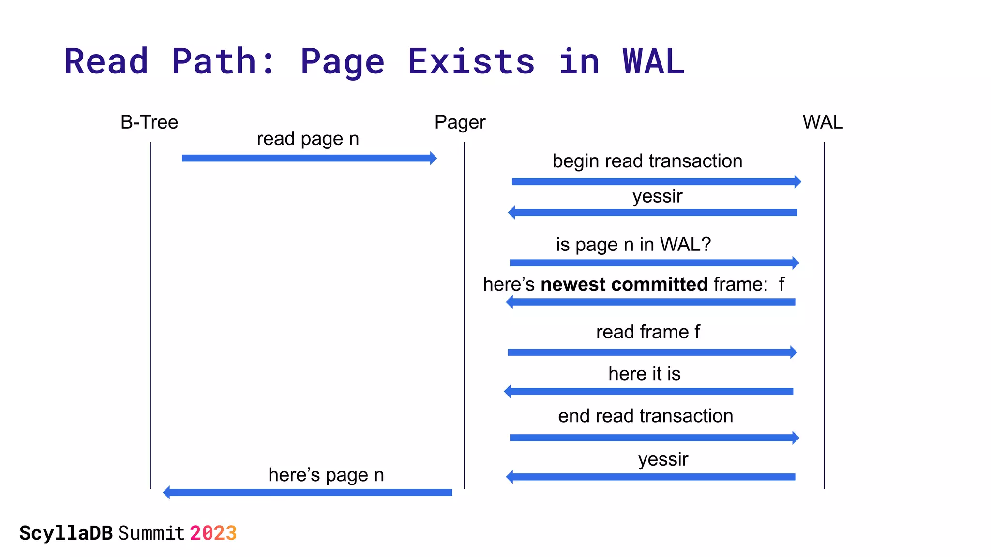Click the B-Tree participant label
pos(149,122)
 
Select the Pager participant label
pos(460,122)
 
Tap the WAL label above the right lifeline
pos(822,122)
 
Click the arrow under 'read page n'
pos(309,158)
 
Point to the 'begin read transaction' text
pos(647,161)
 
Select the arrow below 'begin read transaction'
pos(656,182)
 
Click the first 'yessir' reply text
pos(657,196)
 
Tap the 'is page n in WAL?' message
pos(633,245)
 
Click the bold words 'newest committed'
pos(624,284)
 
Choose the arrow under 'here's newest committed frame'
pos(651,302)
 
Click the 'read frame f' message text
pos(647,332)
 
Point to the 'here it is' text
pos(644,374)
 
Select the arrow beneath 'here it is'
pos(648,391)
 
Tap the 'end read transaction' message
pos(645,416)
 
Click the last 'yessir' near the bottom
pos(663,459)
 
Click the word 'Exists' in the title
pos(471,62)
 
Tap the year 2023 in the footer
pos(213,533)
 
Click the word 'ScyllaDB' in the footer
pos(66,533)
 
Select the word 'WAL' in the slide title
pos(653,62)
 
